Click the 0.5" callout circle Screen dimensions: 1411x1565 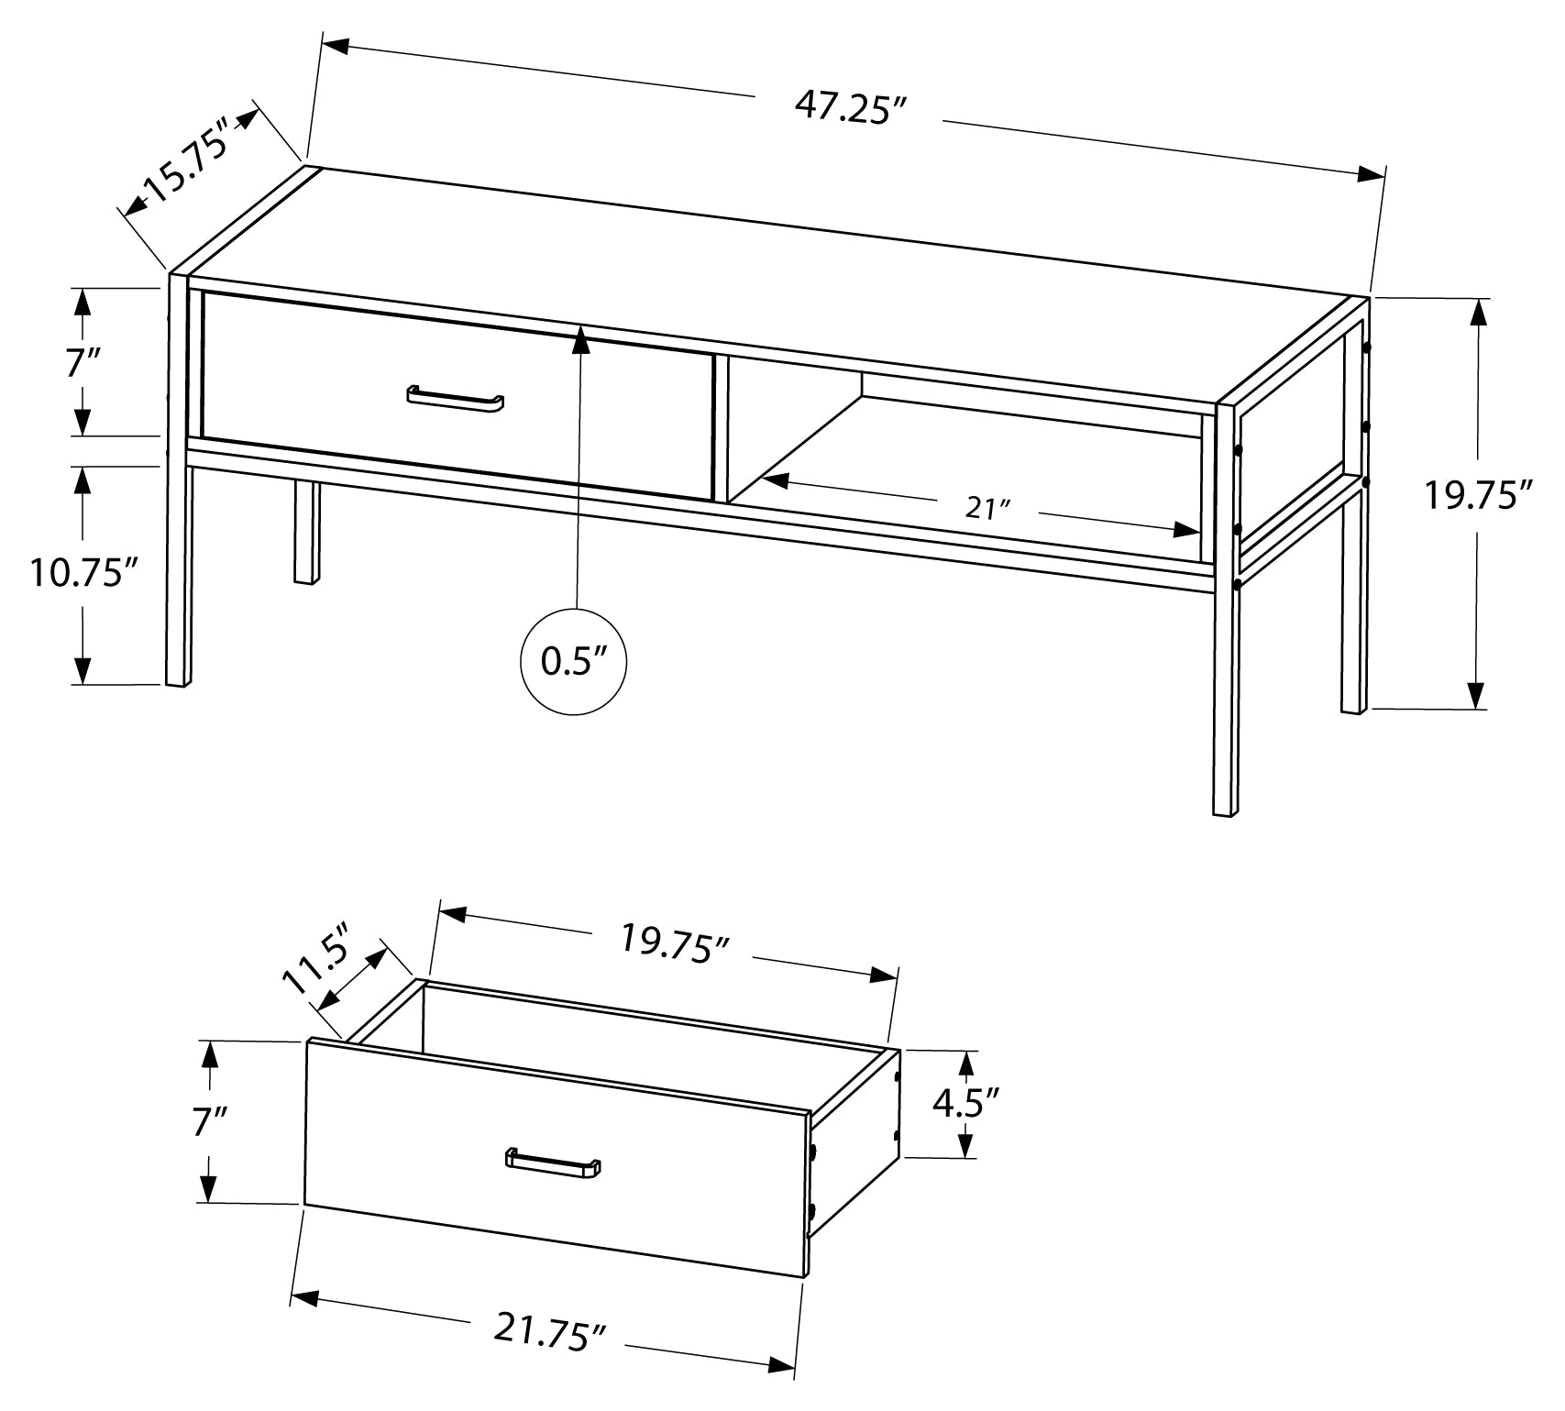(x=574, y=661)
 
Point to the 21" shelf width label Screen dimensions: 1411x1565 (x=986, y=507)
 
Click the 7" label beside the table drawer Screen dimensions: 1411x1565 (x=82, y=364)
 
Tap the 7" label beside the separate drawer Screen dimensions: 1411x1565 (x=209, y=1121)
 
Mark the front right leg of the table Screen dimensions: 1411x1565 (x=1225, y=697)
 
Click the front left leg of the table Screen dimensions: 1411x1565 (x=178, y=568)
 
